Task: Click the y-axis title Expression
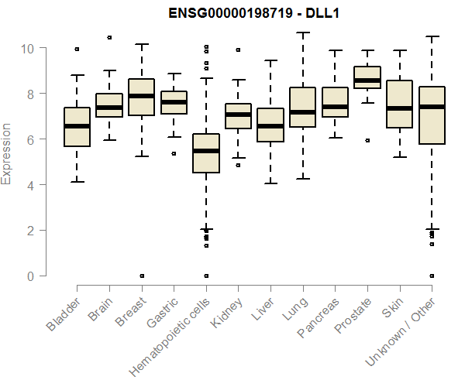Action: coord(7,153)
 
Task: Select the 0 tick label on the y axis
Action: coord(32,276)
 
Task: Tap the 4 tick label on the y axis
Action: coord(32,185)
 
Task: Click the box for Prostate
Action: coord(367,77)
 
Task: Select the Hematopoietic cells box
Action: coord(206,153)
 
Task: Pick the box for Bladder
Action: coord(77,126)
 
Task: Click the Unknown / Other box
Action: coord(431,115)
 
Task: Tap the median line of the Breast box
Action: coord(141,96)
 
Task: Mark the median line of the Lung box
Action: coord(302,112)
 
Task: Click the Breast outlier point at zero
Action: coord(141,276)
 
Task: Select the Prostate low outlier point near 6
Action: coord(367,140)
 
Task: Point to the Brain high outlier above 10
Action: coord(109,37)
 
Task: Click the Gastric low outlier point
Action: coord(174,153)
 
